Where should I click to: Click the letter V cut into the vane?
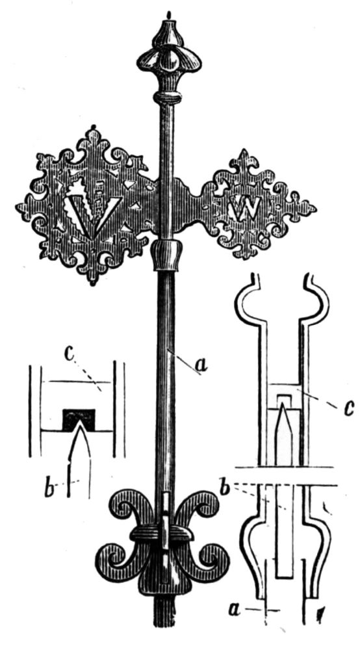pos(93,210)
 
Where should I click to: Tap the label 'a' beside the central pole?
pos(201,365)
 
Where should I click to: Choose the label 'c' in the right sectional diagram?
pos(349,408)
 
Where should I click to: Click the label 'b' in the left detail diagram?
pos(51,489)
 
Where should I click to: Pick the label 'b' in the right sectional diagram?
pos(225,487)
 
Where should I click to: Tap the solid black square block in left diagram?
pos(79,419)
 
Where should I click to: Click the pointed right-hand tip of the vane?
pos(316,208)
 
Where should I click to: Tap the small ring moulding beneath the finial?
pos(168,98)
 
